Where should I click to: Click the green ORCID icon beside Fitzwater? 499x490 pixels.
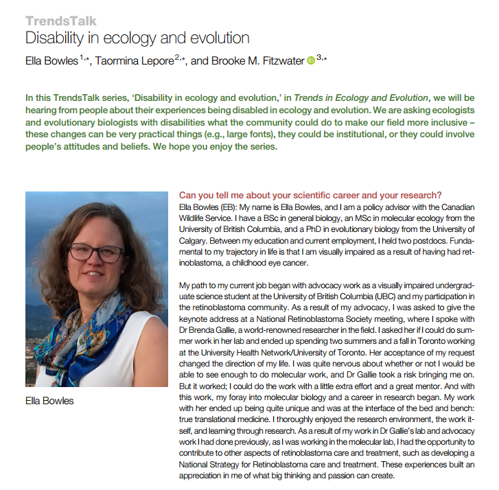(310, 61)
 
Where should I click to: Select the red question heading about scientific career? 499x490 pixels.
(310, 194)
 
